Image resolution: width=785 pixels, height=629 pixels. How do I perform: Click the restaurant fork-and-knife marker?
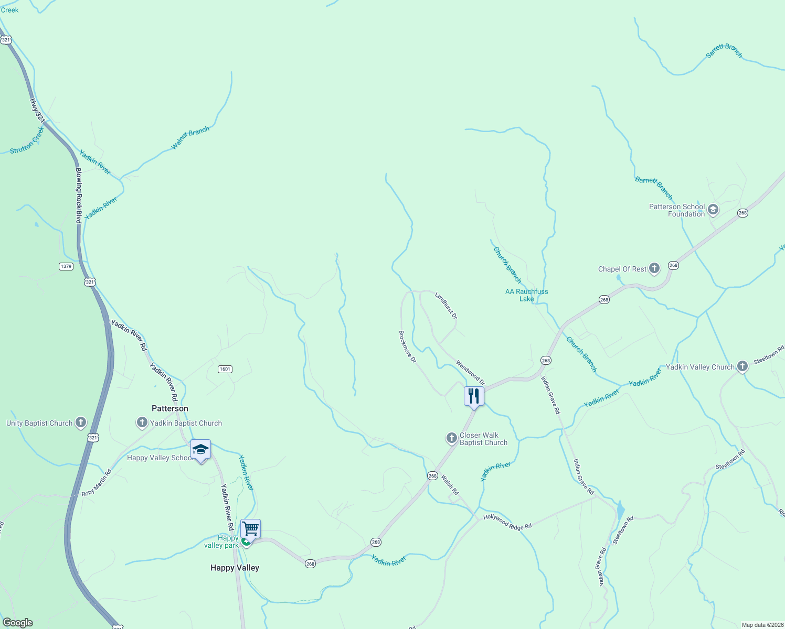click(x=474, y=395)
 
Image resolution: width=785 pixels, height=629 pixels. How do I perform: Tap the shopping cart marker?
click(x=250, y=529)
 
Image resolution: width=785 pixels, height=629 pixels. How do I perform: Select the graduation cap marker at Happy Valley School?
click(x=200, y=449)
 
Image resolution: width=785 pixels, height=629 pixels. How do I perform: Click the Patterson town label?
click(x=169, y=408)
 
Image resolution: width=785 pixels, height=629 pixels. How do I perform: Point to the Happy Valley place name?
click(x=235, y=568)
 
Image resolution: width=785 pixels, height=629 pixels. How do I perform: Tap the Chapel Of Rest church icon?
click(x=654, y=269)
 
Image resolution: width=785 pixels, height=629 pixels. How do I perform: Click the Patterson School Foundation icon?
click(x=713, y=210)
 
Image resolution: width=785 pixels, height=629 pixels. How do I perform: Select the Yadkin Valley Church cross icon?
click(x=742, y=366)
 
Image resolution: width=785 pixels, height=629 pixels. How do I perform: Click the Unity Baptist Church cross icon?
click(x=80, y=422)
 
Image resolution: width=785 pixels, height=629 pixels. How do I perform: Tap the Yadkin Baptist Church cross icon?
click(x=142, y=422)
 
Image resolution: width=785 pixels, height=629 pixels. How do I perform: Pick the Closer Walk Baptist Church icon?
click(x=452, y=438)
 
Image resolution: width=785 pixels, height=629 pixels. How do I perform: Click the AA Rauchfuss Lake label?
click(x=526, y=295)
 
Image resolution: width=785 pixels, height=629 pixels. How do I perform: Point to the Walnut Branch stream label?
click(x=190, y=138)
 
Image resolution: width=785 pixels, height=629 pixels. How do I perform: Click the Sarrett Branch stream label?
click(x=724, y=51)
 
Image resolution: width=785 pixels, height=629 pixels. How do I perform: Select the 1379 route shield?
click(x=66, y=266)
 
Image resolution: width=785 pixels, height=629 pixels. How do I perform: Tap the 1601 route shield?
click(x=225, y=369)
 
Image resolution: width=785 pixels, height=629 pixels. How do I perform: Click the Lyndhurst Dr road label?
click(x=446, y=306)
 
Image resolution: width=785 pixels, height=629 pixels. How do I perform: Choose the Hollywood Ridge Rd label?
click(x=507, y=522)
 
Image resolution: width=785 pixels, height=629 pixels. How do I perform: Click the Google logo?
click(x=18, y=623)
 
